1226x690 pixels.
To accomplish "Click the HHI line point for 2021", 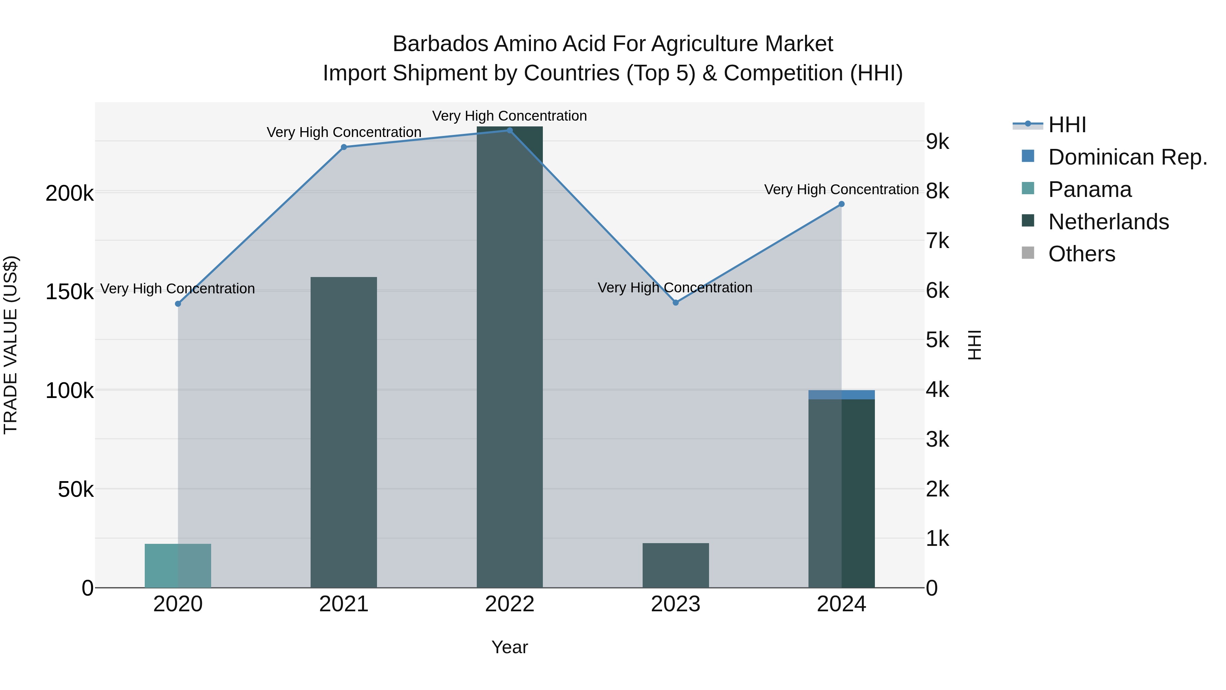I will coord(344,147).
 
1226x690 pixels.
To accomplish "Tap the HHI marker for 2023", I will coord(675,302).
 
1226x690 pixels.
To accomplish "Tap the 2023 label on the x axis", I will coord(675,604).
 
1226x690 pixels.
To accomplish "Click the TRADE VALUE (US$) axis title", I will coord(11,345).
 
